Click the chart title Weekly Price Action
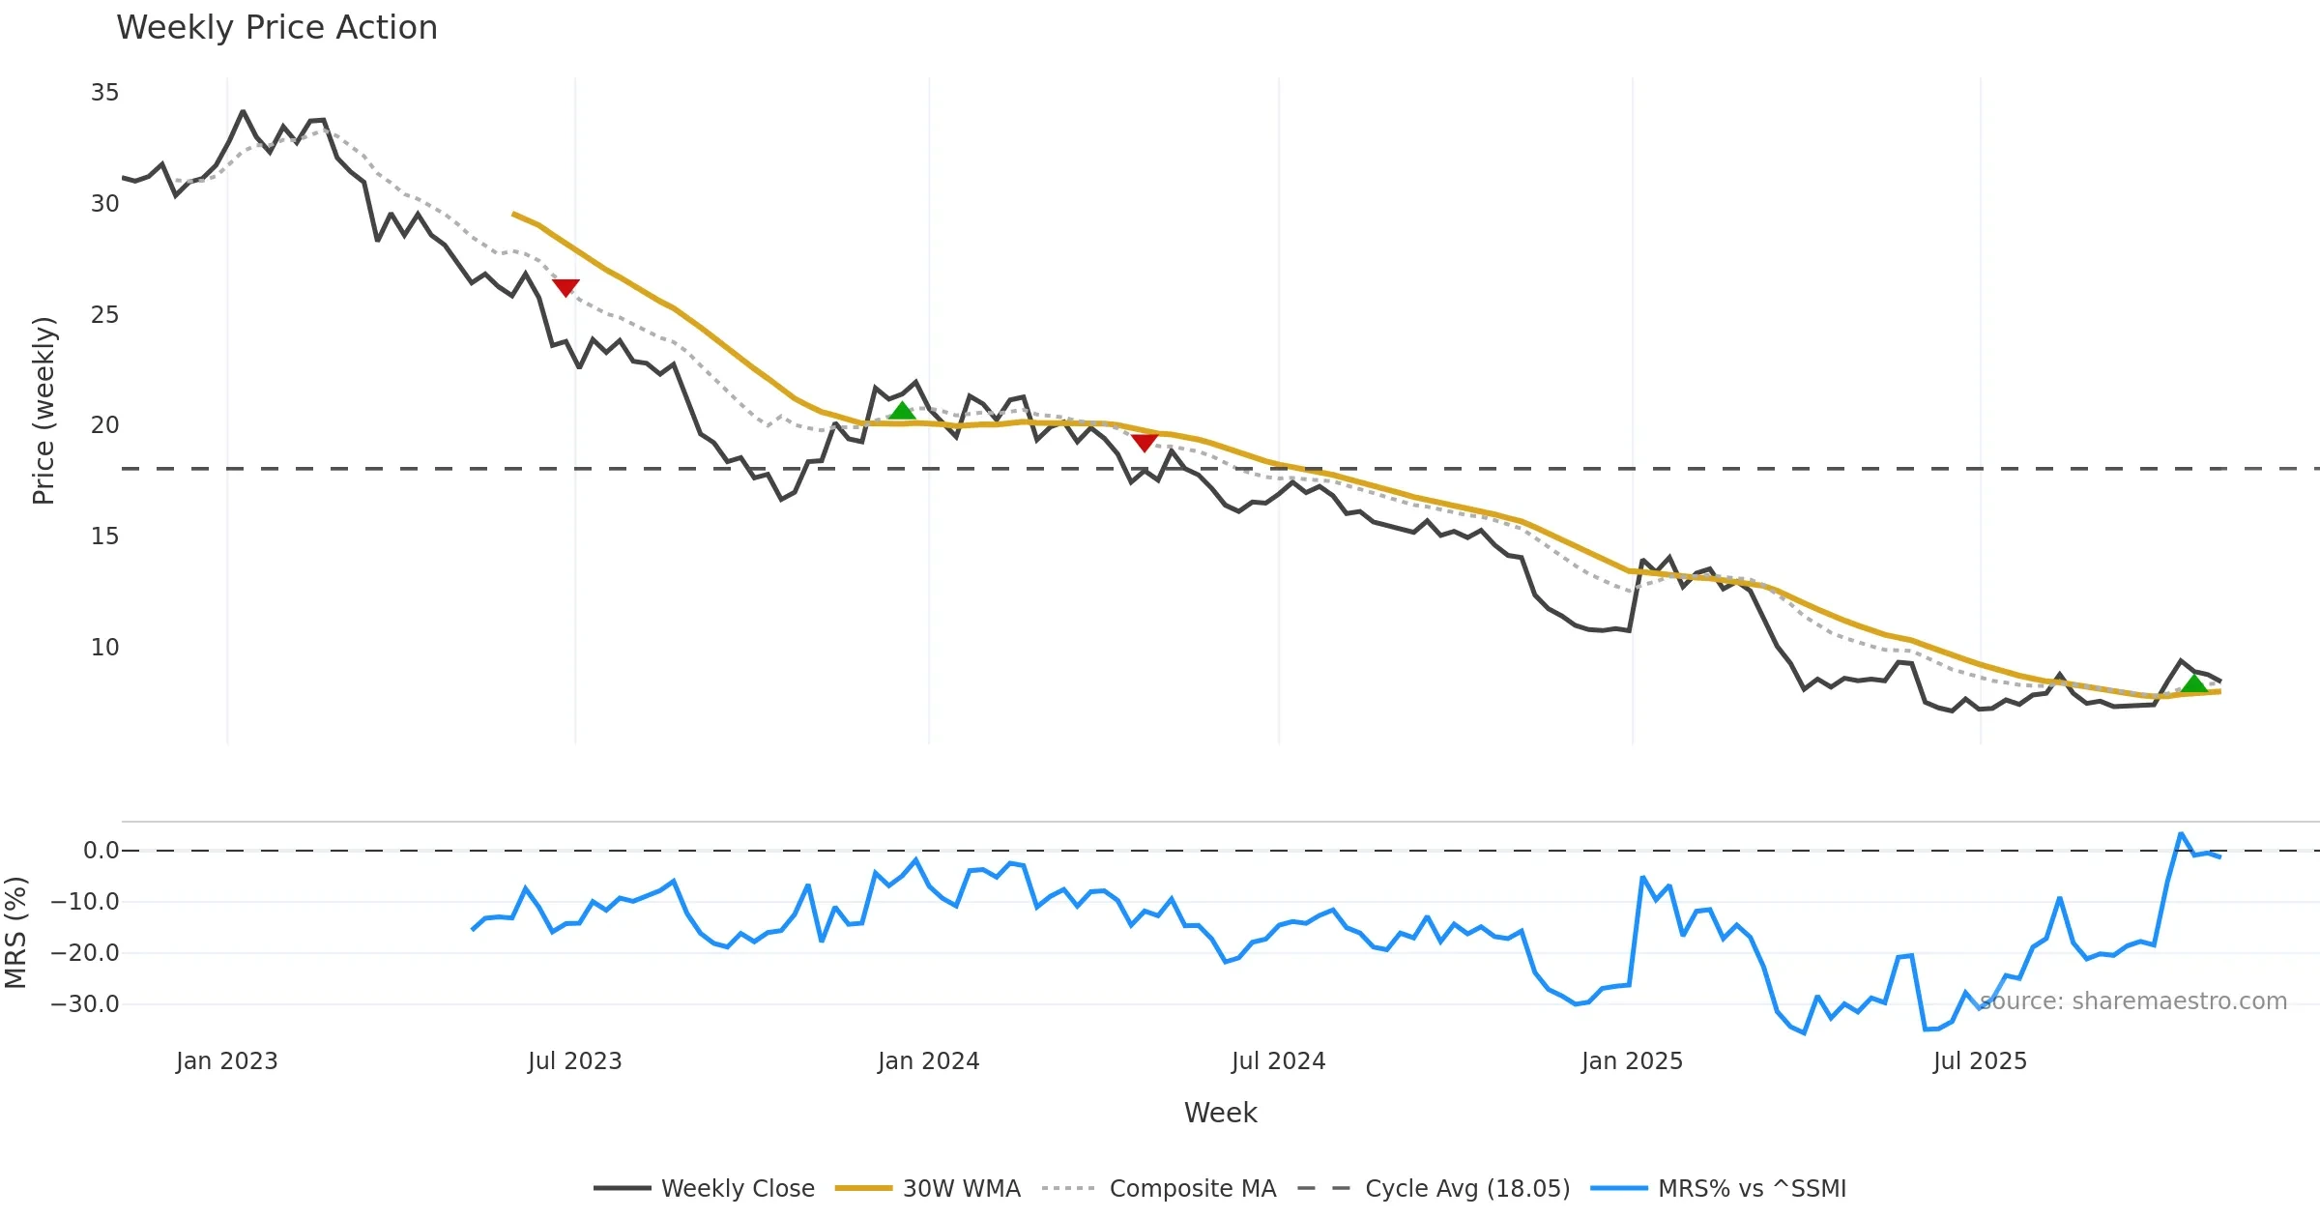pyautogui.click(x=276, y=28)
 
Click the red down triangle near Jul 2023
pyautogui.click(x=565, y=287)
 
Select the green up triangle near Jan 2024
pyautogui.click(x=902, y=411)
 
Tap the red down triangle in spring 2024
pyautogui.click(x=1145, y=443)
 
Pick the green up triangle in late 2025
pyautogui.click(x=2194, y=684)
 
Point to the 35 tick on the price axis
pyautogui.click(x=105, y=93)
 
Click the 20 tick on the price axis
pyautogui.click(x=105, y=425)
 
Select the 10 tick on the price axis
pyautogui.click(x=105, y=648)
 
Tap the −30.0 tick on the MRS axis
pyautogui.click(x=85, y=1004)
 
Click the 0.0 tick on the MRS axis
pyautogui.click(x=101, y=851)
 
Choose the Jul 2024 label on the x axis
pyautogui.click(x=1278, y=1061)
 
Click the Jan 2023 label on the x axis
pyautogui.click(x=227, y=1061)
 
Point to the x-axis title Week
pyautogui.click(x=1220, y=1114)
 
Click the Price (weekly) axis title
pyautogui.click(x=44, y=411)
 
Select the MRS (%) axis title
pyautogui.click(x=15, y=933)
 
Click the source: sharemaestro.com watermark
pyautogui.click(x=2133, y=1001)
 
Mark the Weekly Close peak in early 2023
pyautogui.click(x=243, y=112)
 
